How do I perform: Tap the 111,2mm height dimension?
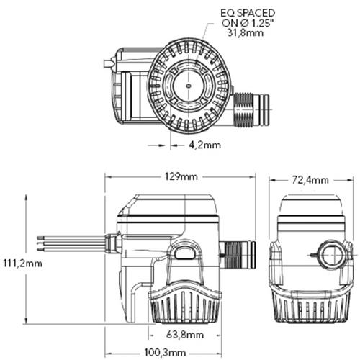pos(22,263)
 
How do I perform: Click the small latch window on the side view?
pos(184,252)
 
